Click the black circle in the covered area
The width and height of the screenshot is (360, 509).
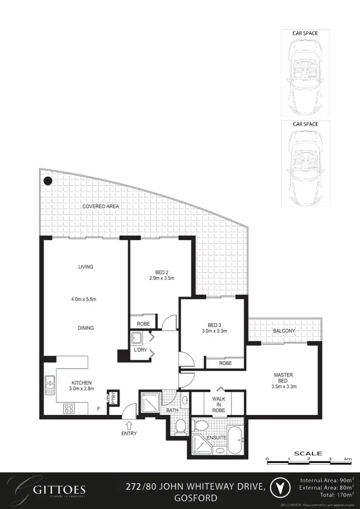pyautogui.click(x=48, y=181)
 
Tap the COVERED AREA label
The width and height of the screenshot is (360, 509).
pyautogui.click(x=100, y=206)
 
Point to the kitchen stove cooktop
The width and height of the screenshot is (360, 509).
pyautogui.click(x=69, y=409)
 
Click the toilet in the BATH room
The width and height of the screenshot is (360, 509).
pyautogui.click(x=181, y=425)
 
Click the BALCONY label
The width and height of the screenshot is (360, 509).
pyautogui.click(x=284, y=331)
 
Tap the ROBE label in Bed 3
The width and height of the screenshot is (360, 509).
pyautogui.click(x=225, y=364)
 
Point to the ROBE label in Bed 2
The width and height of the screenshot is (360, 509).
pyautogui.click(x=144, y=324)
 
